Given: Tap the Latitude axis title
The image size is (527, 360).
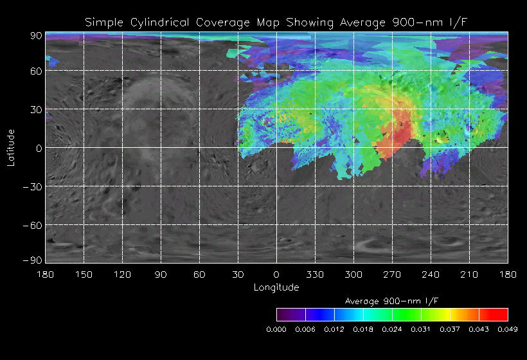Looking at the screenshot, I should coord(11,148).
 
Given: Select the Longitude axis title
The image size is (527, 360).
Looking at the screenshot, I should coord(276,287).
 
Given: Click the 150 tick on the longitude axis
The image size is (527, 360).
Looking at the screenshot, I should coord(84,274).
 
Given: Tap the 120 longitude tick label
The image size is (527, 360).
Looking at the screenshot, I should coord(122,274).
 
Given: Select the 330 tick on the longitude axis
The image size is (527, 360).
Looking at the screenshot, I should coord(315,274).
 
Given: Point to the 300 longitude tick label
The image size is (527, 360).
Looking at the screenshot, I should coord(353,274).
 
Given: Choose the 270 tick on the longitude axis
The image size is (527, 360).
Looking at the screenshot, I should coord(392,274).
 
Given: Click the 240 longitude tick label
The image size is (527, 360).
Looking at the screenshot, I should coord(431,274).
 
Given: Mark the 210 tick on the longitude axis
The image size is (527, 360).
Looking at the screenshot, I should coord(469,274).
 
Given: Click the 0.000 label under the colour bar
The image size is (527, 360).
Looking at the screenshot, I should coord(276,329).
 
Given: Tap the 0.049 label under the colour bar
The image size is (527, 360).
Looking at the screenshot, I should coord(508,329).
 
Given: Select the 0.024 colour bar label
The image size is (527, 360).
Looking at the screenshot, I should coord(392,329).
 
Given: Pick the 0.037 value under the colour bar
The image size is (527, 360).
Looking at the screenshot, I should coord(450,329).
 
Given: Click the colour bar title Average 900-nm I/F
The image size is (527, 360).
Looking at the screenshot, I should coord(392,301).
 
